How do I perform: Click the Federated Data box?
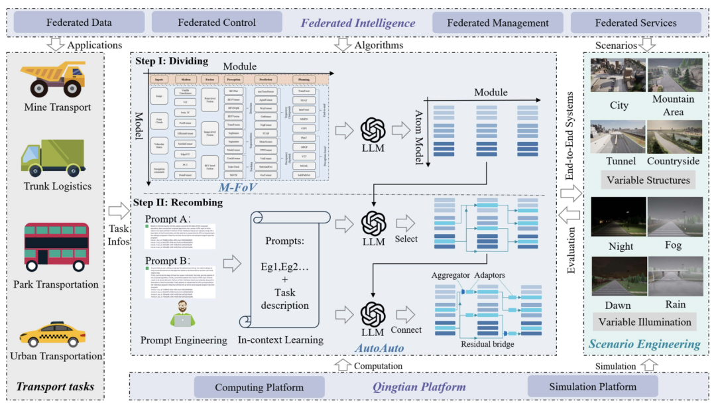tap(78, 23)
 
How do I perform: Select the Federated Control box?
tap(217, 23)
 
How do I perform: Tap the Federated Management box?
tap(497, 23)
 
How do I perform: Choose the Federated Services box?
tap(635, 23)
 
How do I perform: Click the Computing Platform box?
tap(259, 386)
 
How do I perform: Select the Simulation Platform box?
tap(592, 386)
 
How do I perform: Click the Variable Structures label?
tap(644, 180)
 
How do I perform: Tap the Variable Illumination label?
tap(644, 322)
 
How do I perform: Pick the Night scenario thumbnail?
tap(617, 218)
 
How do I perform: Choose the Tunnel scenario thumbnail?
tap(617, 137)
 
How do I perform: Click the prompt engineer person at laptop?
tap(183, 314)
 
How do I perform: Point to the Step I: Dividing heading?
tap(172, 61)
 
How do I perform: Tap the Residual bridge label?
tap(487, 343)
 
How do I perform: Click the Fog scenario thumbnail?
tap(673, 218)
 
